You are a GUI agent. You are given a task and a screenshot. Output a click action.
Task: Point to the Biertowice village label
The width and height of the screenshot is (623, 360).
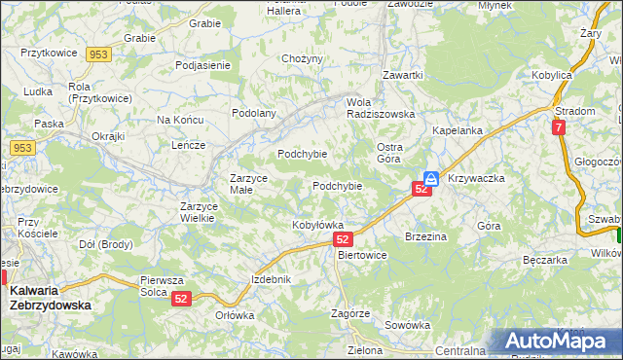(361, 255)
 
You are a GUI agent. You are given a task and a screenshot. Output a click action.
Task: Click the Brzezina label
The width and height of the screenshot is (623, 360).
(425, 236)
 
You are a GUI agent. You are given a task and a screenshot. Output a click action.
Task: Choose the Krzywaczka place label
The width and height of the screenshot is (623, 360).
(476, 179)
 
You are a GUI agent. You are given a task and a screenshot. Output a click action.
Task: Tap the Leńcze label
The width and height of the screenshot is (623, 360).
(187, 145)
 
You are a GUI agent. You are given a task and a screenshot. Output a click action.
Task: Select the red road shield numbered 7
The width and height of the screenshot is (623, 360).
(558, 127)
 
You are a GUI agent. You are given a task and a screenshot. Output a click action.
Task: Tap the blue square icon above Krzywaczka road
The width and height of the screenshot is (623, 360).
(430, 179)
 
